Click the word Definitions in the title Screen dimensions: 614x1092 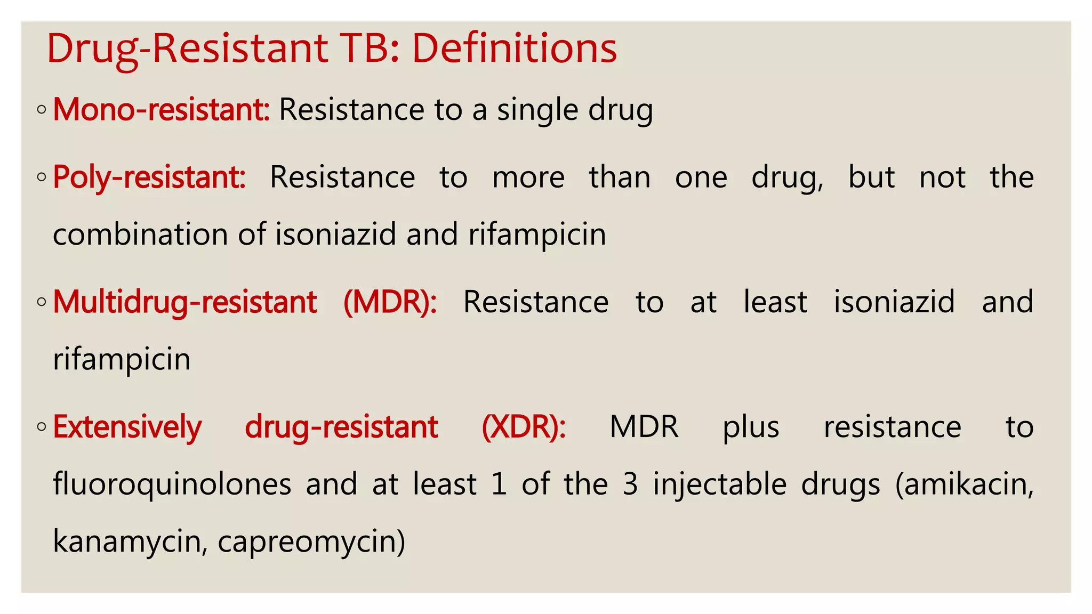515,49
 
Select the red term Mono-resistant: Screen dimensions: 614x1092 161,110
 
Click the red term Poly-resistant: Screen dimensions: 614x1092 149,177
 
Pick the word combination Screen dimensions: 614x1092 140,235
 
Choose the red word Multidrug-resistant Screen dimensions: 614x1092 185,302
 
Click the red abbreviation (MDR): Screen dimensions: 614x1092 390,302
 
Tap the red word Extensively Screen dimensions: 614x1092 127,427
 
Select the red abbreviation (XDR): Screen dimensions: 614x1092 524,427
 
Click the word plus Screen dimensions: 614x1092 751,427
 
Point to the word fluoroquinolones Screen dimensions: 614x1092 172,484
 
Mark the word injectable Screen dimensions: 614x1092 720,485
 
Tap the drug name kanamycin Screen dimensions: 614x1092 128,542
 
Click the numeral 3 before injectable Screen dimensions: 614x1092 630,484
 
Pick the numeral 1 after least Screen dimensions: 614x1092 499,484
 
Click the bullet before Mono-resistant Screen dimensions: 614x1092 42,110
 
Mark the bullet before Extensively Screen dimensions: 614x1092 42,427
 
